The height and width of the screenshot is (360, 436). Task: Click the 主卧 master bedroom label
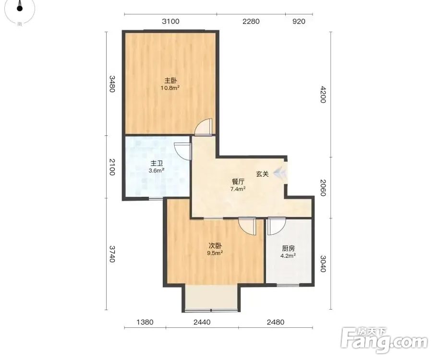(170, 81)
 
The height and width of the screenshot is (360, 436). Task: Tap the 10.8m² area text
(170, 88)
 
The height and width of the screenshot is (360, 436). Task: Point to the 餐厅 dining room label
(238, 182)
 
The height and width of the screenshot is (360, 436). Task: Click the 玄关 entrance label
(262, 174)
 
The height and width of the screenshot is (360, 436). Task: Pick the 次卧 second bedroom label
(215, 246)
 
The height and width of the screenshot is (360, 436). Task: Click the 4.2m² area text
(288, 256)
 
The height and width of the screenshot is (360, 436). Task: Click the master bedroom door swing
(203, 127)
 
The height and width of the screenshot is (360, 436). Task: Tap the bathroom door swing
(182, 152)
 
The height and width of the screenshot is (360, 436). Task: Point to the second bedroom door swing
(247, 226)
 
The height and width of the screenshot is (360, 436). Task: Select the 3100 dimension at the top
(171, 22)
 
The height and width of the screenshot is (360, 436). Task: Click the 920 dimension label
(299, 22)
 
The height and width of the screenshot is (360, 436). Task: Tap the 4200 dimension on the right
(323, 95)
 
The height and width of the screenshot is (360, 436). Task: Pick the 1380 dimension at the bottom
(145, 322)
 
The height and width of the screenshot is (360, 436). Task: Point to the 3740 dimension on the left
(112, 254)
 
